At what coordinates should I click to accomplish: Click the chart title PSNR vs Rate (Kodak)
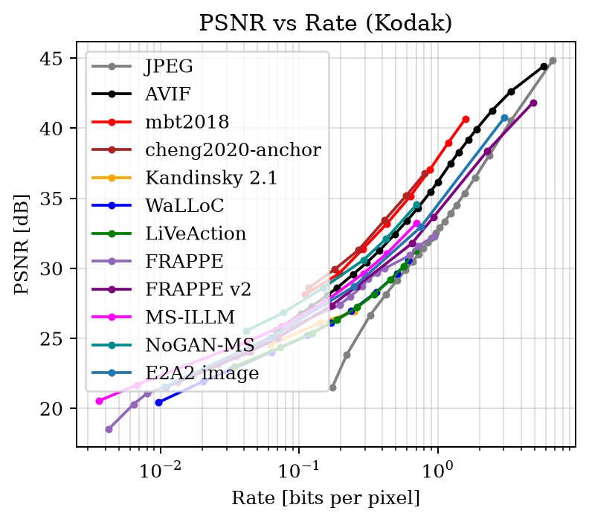[x=325, y=23]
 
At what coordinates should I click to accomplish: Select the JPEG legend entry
[x=169, y=66]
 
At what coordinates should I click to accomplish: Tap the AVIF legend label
[x=168, y=94]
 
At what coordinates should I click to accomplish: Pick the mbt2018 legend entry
[x=187, y=122]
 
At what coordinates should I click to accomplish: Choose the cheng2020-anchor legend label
[x=233, y=150]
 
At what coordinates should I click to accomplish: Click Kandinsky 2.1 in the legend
[x=211, y=178]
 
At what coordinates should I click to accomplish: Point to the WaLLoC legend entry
[x=184, y=205]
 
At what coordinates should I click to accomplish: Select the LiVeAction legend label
[x=196, y=233]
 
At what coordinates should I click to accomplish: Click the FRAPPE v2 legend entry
[x=198, y=289]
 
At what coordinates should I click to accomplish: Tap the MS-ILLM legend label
[x=190, y=317]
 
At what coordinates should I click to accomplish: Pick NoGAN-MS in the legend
[x=199, y=345]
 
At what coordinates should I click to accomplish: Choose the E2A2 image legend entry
[x=202, y=373]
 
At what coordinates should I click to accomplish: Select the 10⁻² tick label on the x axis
[x=161, y=469]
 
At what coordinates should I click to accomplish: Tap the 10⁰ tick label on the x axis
[x=437, y=469]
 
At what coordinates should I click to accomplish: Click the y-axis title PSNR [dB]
[x=22, y=245]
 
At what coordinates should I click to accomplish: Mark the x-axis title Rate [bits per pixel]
[x=325, y=498]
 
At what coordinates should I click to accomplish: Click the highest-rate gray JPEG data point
[x=553, y=60]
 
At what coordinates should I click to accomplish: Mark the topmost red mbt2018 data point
[x=466, y=120]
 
